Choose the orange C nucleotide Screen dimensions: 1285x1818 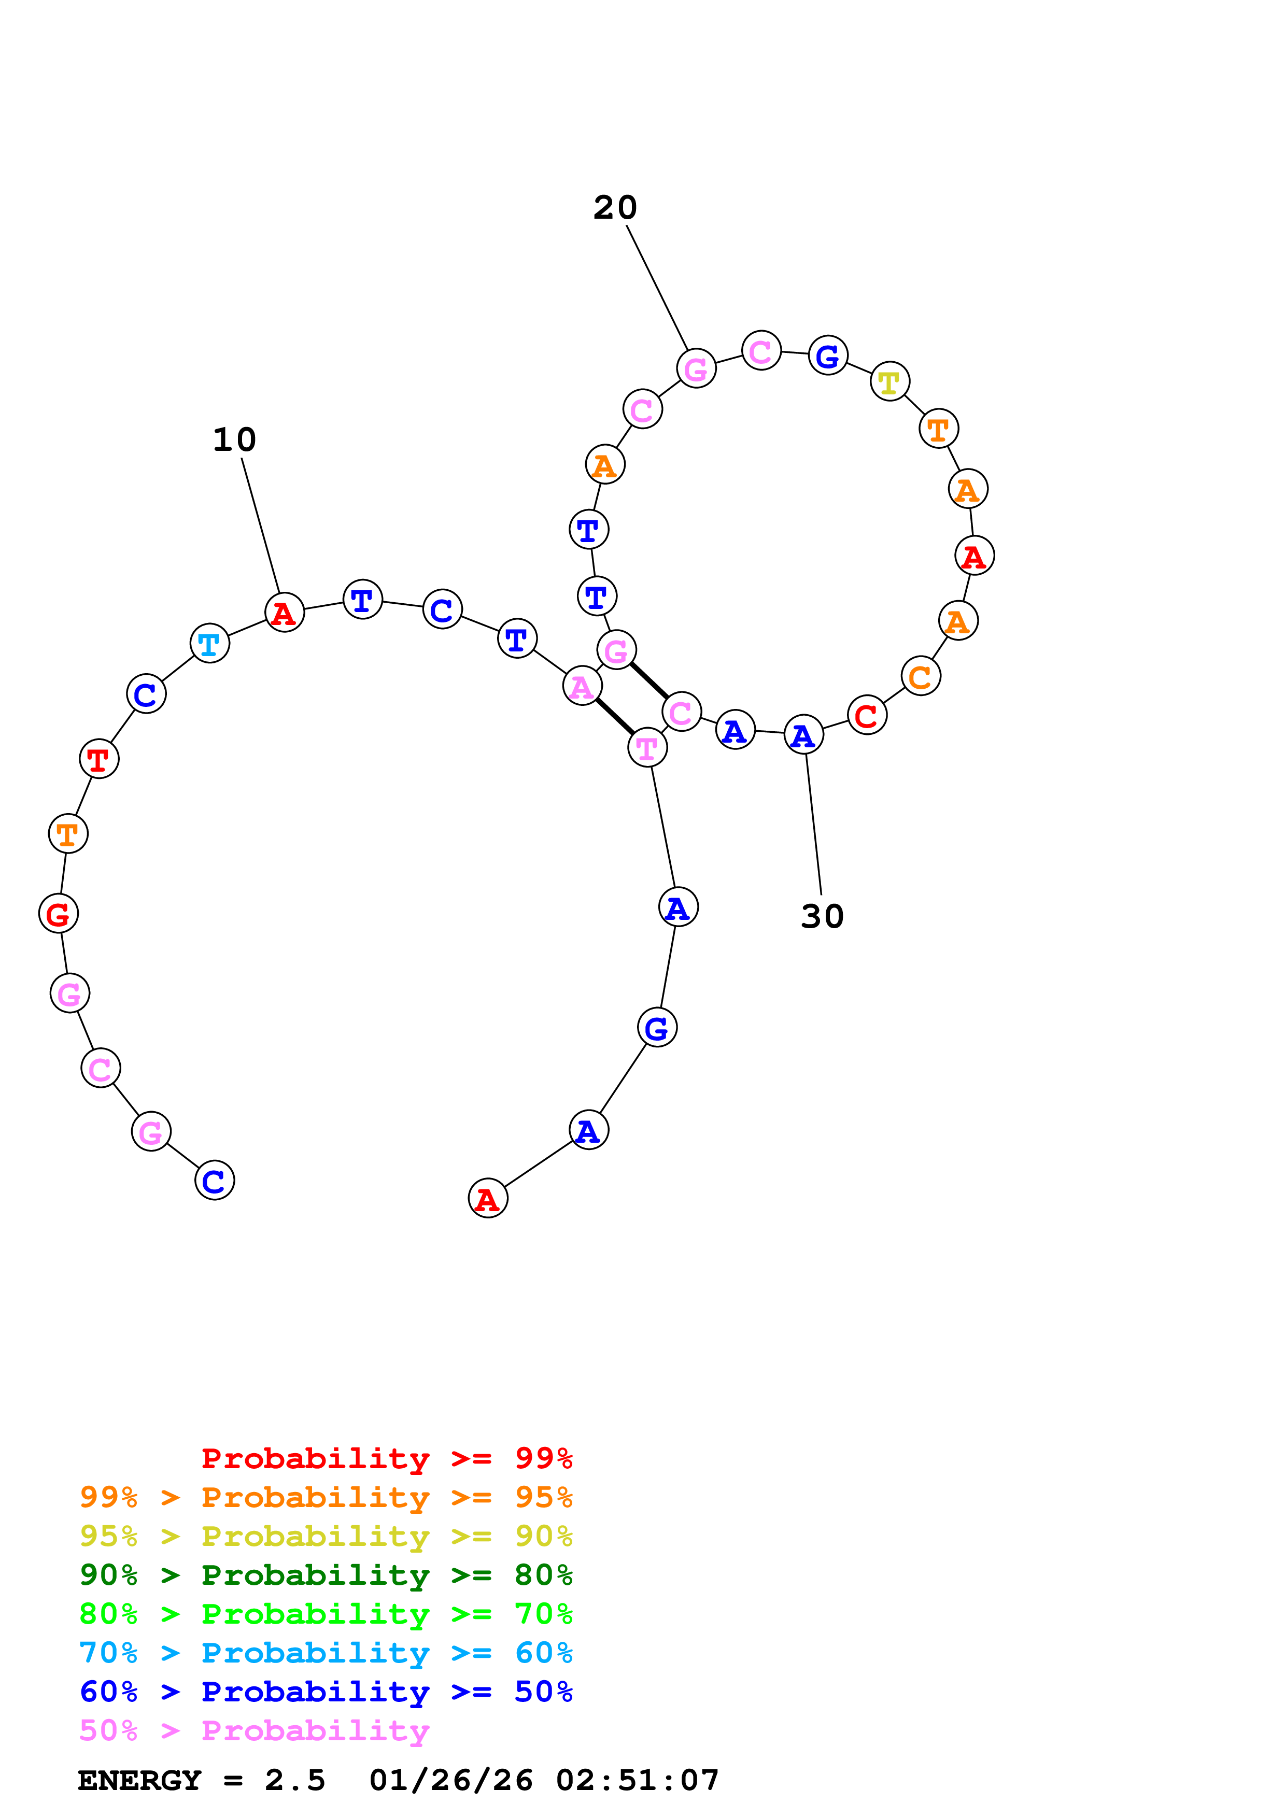click(x=920, y=676)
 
